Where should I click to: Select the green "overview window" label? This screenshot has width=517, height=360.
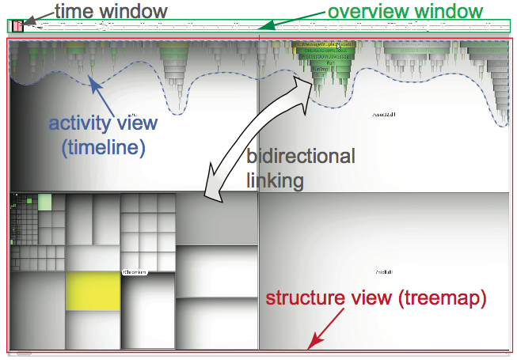[x=405, y=11]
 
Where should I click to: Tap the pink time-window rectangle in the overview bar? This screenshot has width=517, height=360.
[x=17, y=26]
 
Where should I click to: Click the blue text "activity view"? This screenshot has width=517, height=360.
[x=103, y=123]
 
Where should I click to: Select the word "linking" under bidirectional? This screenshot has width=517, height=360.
[x=275, y=180]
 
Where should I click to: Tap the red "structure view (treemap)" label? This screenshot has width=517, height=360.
[x=375, y=298]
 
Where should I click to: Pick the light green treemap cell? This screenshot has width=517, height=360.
[x=44, y=202]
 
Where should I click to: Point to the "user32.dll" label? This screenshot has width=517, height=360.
[x=384, y=115]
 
